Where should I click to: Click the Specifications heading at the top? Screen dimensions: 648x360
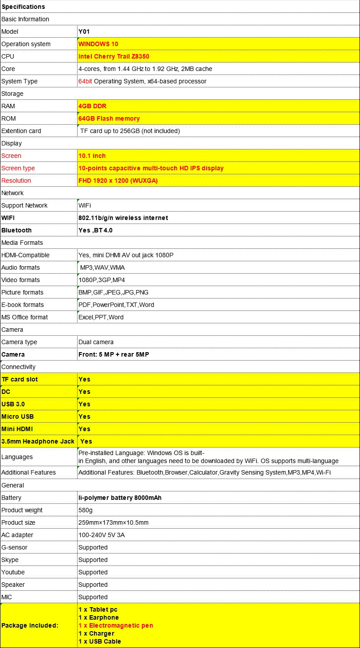point(23,7)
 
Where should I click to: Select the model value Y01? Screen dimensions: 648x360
point(84,31)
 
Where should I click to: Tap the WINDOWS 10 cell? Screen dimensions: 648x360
point(98,44)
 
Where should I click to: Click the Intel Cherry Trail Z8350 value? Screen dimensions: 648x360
point(114,56)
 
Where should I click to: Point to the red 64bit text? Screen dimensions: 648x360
point(85,81)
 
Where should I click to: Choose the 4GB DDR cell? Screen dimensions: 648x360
point(92,106)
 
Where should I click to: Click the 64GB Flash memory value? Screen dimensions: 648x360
point(109,118)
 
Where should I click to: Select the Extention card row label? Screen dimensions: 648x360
point(21,131)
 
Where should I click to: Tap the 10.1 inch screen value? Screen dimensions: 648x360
point(92,156)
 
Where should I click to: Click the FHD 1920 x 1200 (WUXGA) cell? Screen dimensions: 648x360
point(118,181)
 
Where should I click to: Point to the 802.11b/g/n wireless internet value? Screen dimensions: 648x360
point(123,218)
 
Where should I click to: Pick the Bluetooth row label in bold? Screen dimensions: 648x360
point(16,230)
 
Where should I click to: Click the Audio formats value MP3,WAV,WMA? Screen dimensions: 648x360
point(102,267)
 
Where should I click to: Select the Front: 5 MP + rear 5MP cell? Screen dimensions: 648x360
point(114,354)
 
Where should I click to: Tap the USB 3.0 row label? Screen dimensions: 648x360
point(13,404)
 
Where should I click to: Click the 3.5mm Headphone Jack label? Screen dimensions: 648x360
point(38,441)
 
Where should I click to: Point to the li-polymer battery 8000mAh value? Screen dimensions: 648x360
point(120,498)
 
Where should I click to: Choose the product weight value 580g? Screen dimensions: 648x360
point(86,510)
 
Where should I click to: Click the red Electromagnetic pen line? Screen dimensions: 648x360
point(116,625)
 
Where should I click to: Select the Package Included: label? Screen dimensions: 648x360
point(30,625)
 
